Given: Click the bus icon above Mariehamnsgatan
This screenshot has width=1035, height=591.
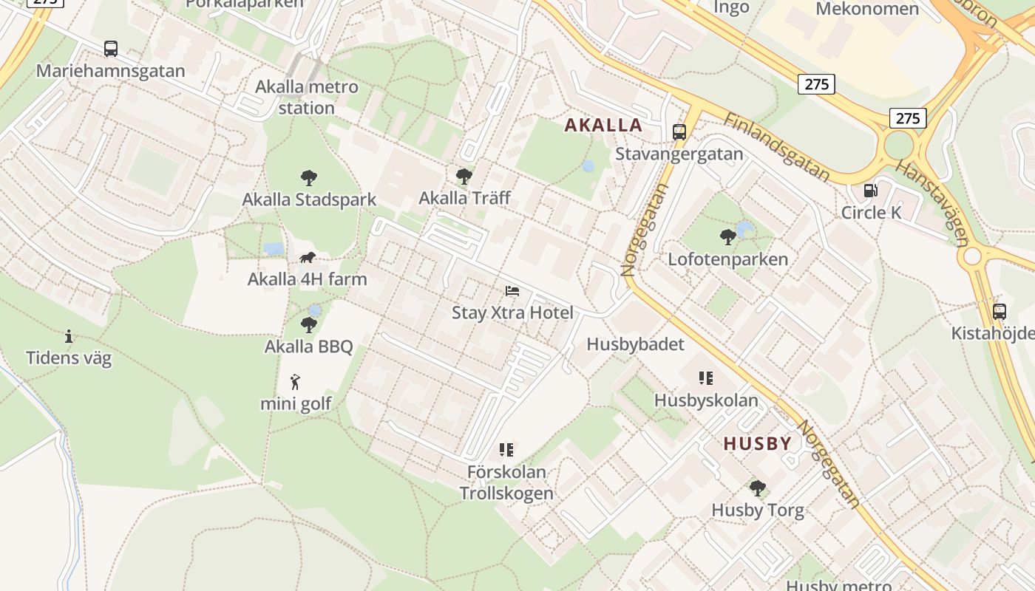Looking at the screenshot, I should (x=111, y=49).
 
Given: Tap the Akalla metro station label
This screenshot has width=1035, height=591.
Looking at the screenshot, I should (x=306, y=97).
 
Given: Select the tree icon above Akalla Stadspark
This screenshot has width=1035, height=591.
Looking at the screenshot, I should (x=309, y=177).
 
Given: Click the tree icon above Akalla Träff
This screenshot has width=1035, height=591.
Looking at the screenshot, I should (x=464, y=176).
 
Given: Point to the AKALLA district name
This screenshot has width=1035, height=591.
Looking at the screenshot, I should (x=603, y=125).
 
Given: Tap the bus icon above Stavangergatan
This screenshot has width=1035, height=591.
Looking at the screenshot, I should (x=679, y=132).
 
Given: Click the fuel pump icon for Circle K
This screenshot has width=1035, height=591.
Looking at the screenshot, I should (x=871, y=191).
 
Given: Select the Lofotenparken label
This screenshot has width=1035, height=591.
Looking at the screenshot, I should (x=727, y=259).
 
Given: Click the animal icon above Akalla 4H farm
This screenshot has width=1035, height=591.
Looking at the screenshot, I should (x=308, y=257).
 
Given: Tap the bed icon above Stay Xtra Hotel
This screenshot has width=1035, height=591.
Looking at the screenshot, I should (x=512, y=291).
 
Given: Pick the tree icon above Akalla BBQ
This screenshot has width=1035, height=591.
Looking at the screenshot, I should (x=309, y=324).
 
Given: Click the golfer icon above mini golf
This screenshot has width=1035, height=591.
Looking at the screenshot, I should (x=296, y=382).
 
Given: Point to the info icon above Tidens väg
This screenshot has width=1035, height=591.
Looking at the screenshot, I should (x=69, y=336).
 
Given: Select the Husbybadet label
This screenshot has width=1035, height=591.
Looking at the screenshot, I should (x=635, y=344).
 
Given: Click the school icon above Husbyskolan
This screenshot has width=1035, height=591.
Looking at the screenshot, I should (x=706, y=378).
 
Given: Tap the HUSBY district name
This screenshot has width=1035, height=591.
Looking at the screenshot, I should (x=757, y=443).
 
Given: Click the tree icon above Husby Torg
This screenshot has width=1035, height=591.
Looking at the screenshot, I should (x=757, y=488).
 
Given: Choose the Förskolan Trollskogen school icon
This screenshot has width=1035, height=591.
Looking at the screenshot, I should (x=506, y=449).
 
